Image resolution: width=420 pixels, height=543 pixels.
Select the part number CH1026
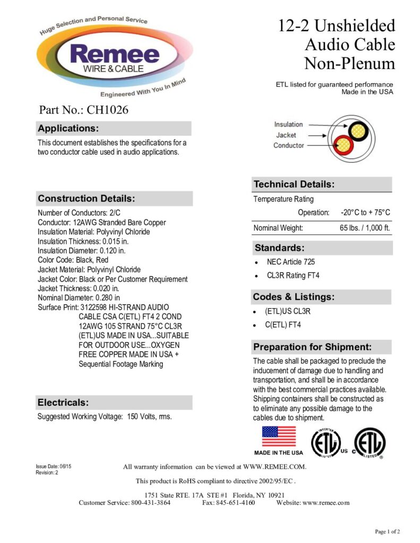click(109, 110)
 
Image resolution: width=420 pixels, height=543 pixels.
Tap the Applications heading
click(68, 128)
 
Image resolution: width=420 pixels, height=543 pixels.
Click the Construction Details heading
click(87, 199)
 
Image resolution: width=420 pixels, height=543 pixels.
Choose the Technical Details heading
click(294, 185)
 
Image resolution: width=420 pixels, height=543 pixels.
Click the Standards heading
click(279, 248)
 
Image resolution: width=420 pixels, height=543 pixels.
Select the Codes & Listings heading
click(293, 297)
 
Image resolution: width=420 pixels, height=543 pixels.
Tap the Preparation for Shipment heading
click(312, 347)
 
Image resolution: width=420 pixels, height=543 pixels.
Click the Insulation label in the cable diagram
click(288, 125)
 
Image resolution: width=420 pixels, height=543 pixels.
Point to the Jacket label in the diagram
click(286, 135)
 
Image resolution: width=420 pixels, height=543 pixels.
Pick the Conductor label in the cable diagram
click(289, 145)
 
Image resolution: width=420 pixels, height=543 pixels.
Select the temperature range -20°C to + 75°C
click(365, 213)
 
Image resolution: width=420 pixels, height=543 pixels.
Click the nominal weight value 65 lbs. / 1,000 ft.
click(365, 228)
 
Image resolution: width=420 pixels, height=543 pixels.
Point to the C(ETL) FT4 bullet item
click(283, 325)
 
